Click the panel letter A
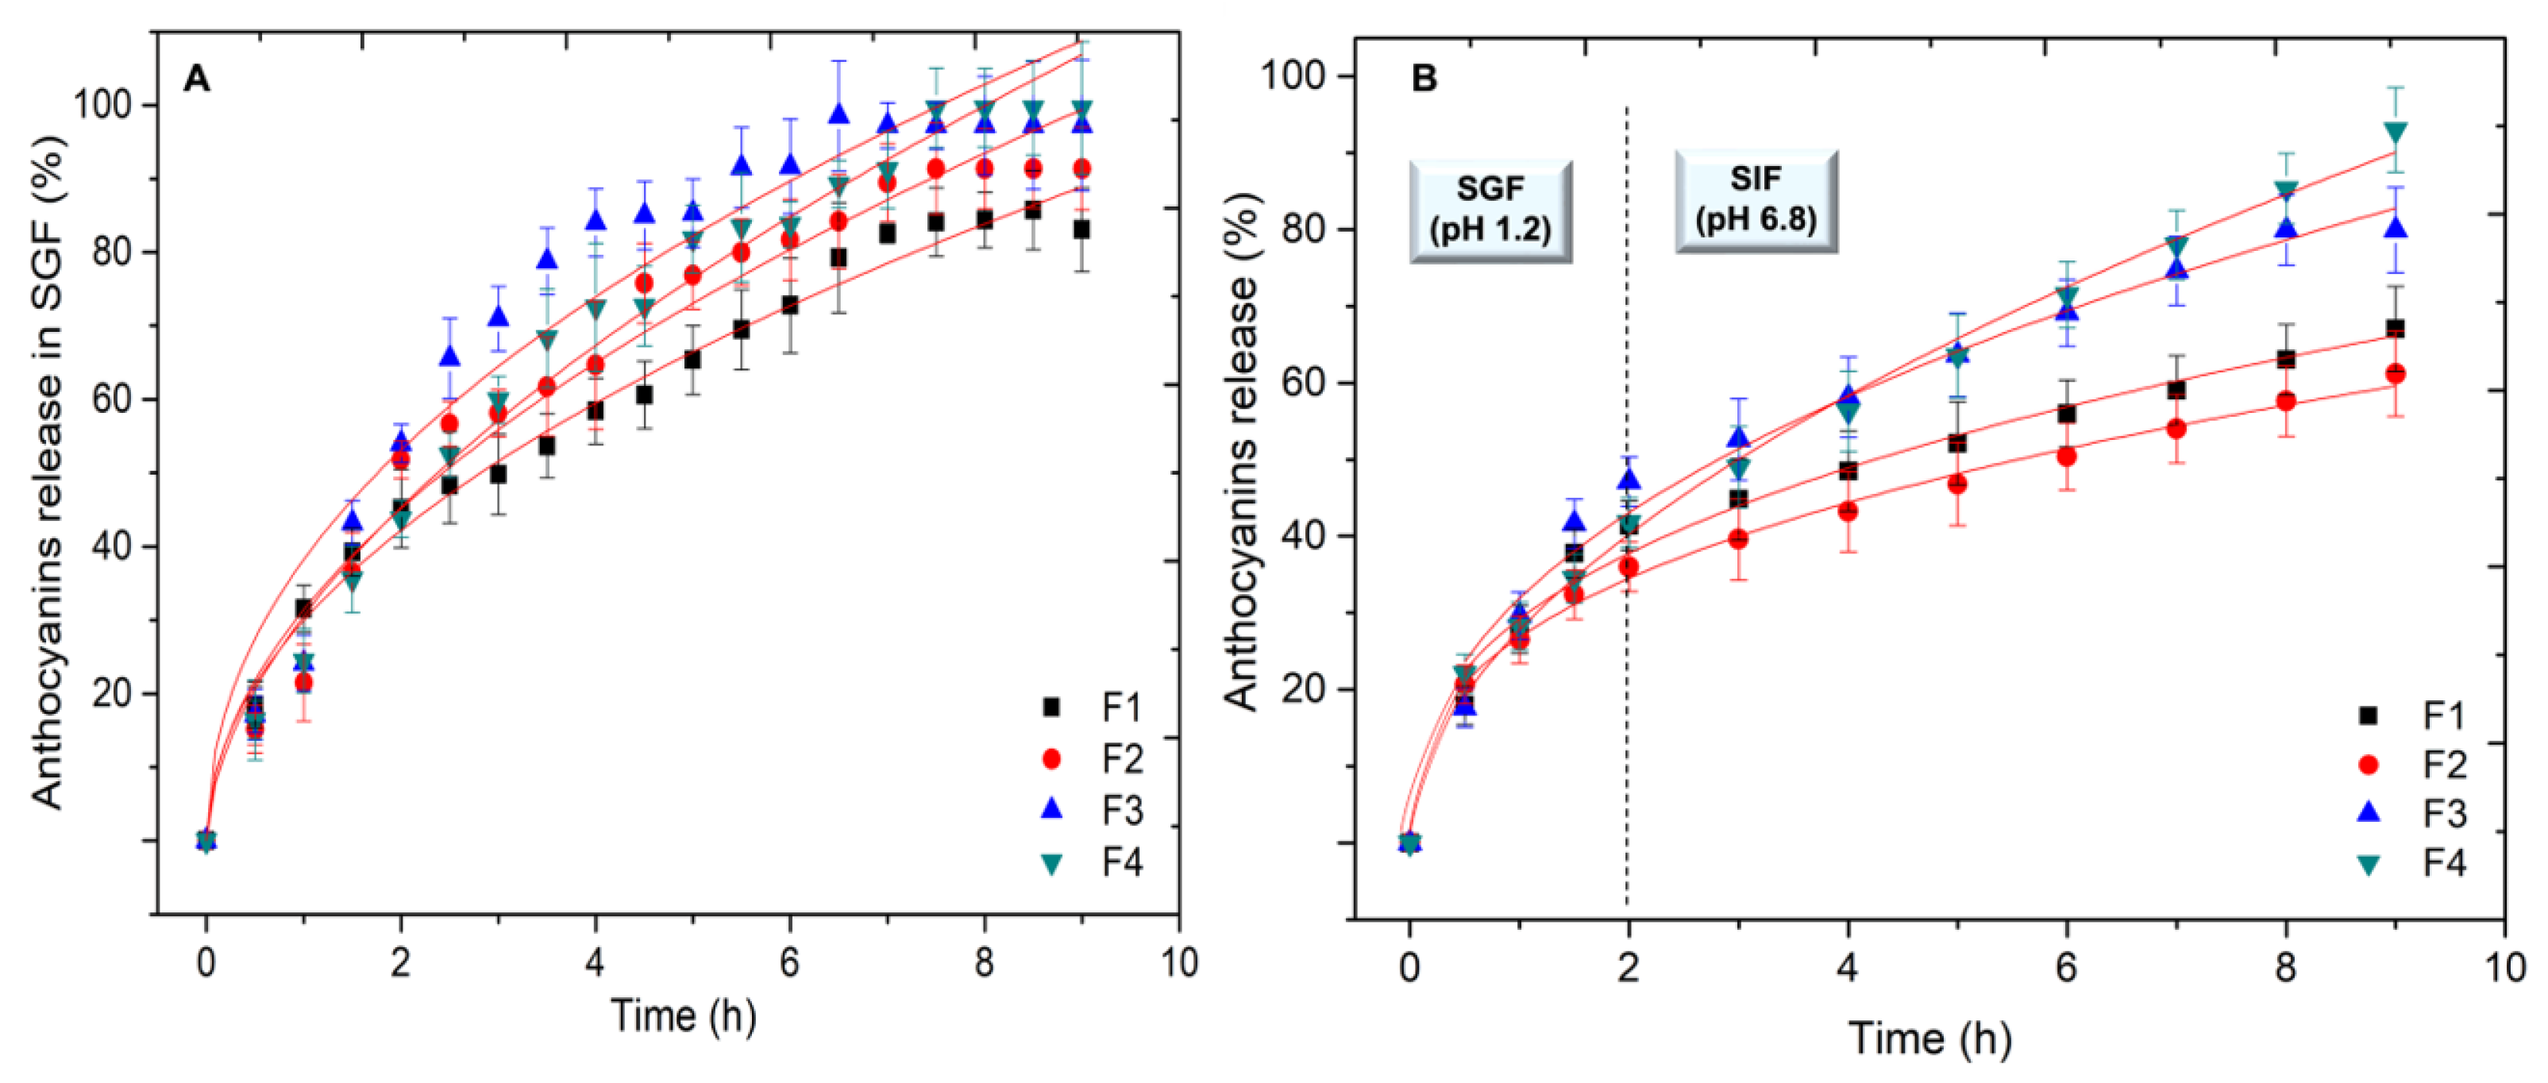pos(197,78)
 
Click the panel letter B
pos(1424,78)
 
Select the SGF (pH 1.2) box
pos(1490,210)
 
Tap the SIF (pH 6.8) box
pos(1756,201)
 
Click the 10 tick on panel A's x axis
pos(1178,962)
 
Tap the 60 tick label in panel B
pos(1309,383)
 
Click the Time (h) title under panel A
pos(683,1016)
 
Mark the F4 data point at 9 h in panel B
pos(2395,133)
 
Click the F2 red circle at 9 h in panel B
pos(2395,374)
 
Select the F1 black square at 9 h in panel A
pos(1081,229)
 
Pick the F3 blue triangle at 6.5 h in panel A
pos(838,114)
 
